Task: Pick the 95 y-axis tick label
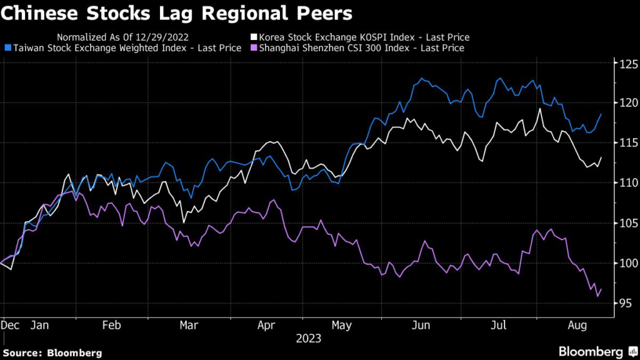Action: [x=624, y=303]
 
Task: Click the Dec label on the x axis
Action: [x=10, y=326]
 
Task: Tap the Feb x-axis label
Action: [x=111, y=326]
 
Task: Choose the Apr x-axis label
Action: [x=267, y=326]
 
